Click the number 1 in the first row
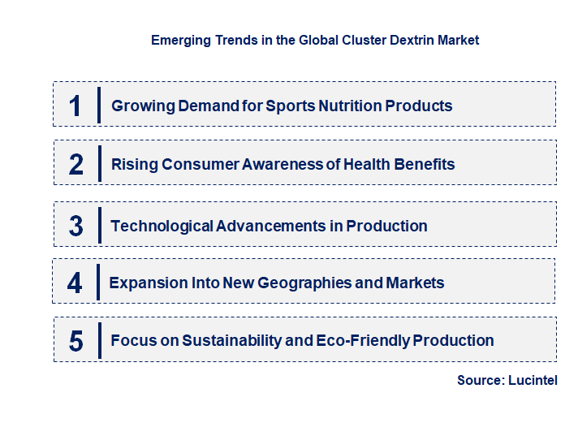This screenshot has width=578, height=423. [75, 106]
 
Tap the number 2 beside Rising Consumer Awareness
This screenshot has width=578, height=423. [76, 164]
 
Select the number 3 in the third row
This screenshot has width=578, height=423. [76, 226]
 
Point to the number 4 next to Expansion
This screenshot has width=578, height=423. [75, 283]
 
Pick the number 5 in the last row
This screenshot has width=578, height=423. [76, 341]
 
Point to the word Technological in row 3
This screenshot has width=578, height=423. [162, 226]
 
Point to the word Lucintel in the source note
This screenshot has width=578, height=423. [533, 380]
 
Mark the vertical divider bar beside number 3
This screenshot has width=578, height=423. [98, 225]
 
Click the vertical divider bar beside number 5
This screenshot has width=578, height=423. [98, 340]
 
